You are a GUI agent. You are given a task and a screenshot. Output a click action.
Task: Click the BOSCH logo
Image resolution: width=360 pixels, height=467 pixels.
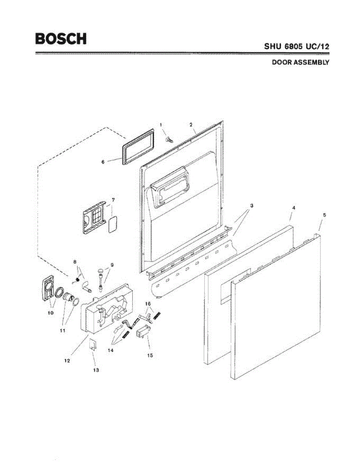point(61,39)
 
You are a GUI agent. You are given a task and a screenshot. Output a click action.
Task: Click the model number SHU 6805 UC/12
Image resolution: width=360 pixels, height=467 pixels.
point(297,46)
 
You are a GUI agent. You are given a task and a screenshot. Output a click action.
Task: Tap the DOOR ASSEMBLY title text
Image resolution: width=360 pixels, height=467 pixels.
point(300,62)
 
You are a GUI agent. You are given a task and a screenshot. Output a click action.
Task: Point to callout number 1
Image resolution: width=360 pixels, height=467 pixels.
point(160,124)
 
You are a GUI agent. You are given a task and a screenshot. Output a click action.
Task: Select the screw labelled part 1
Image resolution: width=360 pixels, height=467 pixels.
point(169,139)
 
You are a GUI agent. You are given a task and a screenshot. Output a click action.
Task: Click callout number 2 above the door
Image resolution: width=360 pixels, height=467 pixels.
point(191,125)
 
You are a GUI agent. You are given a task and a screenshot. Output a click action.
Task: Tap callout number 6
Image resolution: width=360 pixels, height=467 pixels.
point(103,161)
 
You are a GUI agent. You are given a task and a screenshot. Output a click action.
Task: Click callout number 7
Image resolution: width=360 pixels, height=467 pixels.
point(113,200)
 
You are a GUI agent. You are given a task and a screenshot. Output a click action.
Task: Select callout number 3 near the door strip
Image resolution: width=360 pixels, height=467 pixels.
point(251,205)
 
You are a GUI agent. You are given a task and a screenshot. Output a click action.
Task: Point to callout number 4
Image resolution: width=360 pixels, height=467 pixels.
point(293,208)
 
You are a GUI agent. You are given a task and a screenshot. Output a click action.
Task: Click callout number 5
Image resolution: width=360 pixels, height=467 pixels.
point(325,214)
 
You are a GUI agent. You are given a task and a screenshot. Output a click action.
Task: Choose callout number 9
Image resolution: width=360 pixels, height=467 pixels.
point(112,265)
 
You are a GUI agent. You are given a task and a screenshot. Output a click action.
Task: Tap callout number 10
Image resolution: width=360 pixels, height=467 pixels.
point(50,312)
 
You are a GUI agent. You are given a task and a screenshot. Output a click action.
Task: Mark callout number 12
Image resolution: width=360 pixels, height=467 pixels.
point(67,361)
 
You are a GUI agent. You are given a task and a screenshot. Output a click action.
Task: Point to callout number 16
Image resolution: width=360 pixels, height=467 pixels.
point(148,303)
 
